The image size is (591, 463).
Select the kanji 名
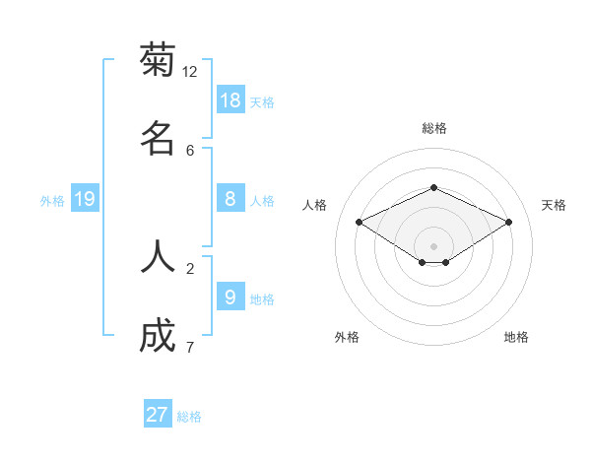158,138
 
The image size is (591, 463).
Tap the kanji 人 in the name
158,256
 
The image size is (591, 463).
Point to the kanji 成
158,336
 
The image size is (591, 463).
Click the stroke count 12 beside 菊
190,71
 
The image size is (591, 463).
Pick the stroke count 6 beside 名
190,150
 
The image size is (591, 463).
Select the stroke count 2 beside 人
190,268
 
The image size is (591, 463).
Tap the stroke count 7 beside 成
190,348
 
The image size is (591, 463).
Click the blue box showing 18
230,100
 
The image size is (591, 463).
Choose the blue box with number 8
230,199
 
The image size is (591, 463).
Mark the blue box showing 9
230,298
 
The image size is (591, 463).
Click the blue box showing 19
85,199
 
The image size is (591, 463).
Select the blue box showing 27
158,415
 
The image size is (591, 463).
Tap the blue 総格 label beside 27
189,417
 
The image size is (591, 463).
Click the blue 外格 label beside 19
52,201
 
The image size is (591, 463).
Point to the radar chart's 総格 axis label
433,128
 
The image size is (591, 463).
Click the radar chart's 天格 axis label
554,205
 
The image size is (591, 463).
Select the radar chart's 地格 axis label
516,337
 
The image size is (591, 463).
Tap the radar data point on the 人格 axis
360,223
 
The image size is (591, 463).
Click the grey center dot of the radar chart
433,245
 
